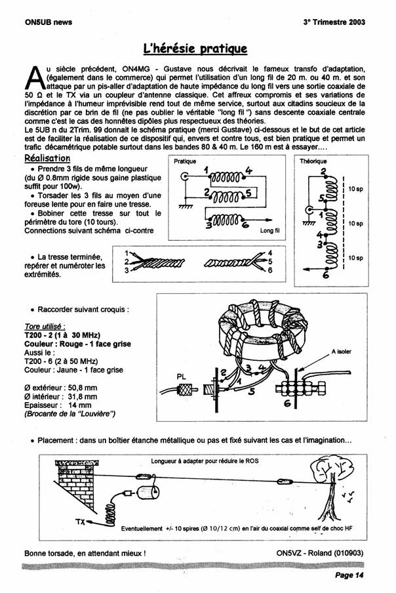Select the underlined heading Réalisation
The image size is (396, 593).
click(47, 159)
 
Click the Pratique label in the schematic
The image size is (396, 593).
click(185, 161)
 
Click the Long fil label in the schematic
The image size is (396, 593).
click(269, 231)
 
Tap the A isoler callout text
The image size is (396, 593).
click(341, 352)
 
